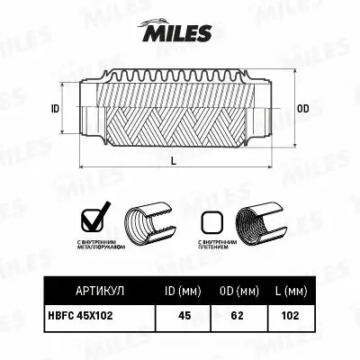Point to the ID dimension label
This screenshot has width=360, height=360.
(x=55, y=109)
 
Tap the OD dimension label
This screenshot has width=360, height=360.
(x=302, y=109)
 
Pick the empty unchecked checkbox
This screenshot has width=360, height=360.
(x=211, y=221)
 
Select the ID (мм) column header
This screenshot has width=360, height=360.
(x=187, y=291)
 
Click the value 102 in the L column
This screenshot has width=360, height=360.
(x=289, y=317)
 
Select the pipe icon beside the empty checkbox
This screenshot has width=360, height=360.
(x=257, y=222)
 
